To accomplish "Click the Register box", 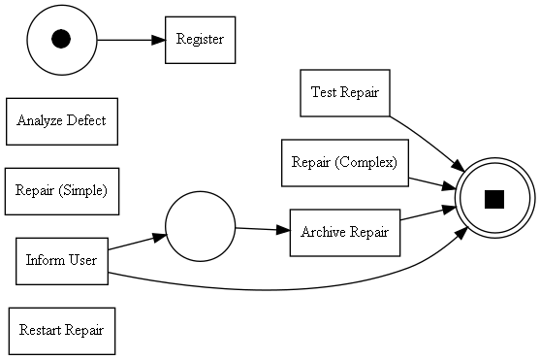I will [200, 40].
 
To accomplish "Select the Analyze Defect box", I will [61, 121].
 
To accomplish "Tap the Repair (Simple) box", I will [61, 190].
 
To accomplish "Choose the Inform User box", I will [61, 260].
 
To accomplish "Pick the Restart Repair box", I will [61, 330].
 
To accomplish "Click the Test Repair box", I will [344, 93].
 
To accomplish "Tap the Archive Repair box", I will [344, 233].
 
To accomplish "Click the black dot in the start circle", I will [61, 39].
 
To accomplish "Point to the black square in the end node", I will [494, 199].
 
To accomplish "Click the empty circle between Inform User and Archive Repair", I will [200, 226].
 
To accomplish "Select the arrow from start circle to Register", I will [131, 40].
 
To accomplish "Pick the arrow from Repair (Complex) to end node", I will [432, 181].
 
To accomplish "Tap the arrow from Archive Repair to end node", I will [429, 213].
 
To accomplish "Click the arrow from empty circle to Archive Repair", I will [262, 230].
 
